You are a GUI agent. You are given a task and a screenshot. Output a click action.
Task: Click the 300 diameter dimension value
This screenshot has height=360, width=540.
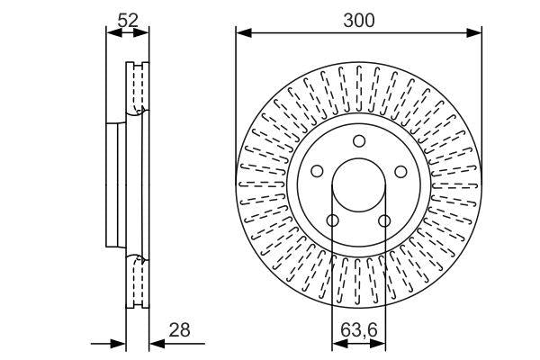pos(358,19)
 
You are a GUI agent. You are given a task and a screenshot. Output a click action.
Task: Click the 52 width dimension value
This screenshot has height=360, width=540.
pos(128,19)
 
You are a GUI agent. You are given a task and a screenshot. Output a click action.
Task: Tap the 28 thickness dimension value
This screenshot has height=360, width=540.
pos(180,331)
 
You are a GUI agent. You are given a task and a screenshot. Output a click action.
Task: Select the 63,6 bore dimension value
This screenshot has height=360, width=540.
pos(358,331)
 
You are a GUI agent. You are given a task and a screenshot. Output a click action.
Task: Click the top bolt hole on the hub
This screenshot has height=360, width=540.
pos(358,140)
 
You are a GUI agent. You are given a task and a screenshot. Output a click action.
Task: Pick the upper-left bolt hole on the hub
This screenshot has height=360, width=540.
pos(316,171)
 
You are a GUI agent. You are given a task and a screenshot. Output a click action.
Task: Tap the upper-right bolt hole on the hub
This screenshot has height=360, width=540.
pos(400,171)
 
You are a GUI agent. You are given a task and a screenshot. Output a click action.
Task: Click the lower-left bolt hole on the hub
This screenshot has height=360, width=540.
pos(332,220)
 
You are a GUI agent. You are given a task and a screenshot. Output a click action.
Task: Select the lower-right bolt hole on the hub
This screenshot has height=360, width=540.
pos(384,220)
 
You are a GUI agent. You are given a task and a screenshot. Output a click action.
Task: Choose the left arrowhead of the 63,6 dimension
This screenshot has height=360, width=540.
pos(337,343)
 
